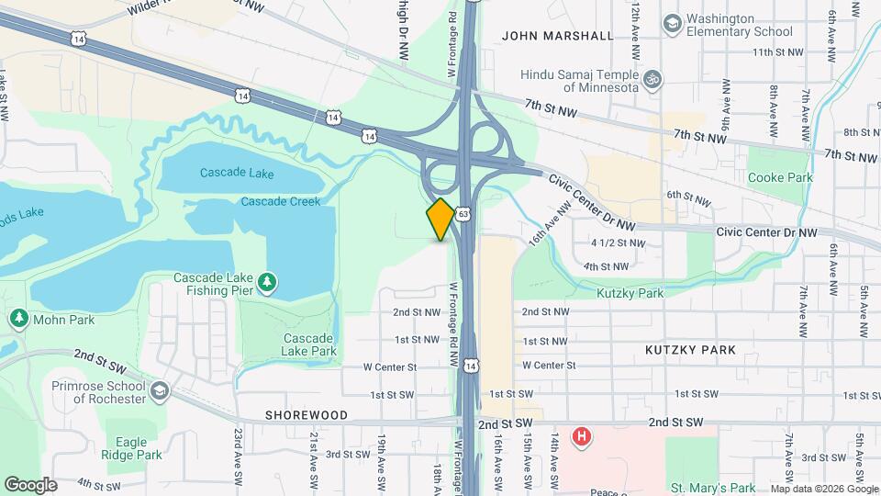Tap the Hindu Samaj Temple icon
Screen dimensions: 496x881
(652, 77)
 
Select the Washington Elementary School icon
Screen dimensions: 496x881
(672, 22)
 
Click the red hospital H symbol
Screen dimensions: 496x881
(580, 437)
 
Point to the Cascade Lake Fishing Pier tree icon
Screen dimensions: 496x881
(267, 281)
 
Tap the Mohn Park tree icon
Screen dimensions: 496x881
(19, 318)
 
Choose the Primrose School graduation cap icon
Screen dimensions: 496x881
(161, 391)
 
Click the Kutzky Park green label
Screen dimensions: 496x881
(630, 294)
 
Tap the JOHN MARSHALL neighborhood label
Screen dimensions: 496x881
(558, 36)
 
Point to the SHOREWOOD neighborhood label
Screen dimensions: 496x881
(307, 415)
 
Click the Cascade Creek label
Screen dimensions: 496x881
(281, 201)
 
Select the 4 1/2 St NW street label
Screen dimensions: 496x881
(619, 243)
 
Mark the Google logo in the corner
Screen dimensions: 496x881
(31, 485)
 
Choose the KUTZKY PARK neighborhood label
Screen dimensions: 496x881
(690, 350)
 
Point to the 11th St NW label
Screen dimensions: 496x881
(776, 52)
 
